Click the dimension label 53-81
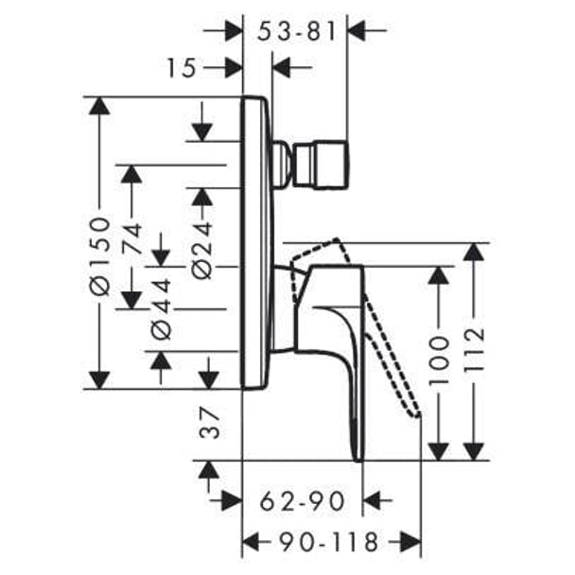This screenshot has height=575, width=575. coord(297,31)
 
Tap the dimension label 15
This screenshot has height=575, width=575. coord(182,68)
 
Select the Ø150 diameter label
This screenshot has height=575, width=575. coord(99,256)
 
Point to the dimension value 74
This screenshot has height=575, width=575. coord(132,238)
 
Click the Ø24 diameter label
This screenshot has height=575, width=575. coord(202,250)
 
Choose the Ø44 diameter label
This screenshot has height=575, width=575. coord(161,309)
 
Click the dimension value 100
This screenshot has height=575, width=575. coord(439,359)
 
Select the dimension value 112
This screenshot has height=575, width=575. coord(474,349)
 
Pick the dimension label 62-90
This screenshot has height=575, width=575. coord(303,501)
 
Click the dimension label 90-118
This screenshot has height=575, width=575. coord(328,542)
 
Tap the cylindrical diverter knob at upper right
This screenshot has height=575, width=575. coord(321,164)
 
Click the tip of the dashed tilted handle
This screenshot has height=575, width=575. coord(418,414)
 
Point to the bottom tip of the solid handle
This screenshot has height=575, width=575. coord(358,459)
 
